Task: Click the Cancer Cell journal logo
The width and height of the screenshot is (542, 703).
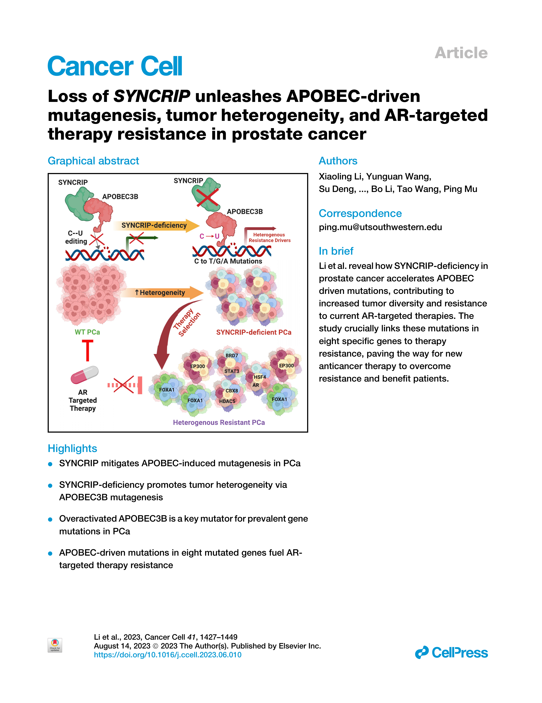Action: coord(115,66)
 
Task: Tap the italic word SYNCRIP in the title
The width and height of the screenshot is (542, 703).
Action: coord(152,96)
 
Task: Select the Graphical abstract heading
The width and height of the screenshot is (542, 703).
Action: coord(93,161)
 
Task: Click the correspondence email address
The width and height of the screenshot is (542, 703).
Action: coord(380,227)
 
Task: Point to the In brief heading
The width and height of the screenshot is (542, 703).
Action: coord(336,251)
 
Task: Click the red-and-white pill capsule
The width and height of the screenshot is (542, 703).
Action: coord(84,375)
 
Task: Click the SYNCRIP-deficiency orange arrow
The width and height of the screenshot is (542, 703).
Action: coord(156,225)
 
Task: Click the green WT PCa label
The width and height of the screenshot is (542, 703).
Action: coord(87,332)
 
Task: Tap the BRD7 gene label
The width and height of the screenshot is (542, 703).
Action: coord(232,355)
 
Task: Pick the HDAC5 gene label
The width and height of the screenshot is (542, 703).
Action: coord(227,401)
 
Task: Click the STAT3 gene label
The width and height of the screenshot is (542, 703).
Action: coord(232,371)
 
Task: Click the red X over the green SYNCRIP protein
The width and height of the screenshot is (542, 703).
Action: coord(207,198)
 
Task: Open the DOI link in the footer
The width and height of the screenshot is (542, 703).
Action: coord(168,655)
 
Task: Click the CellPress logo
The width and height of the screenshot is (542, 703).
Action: coord(451,652)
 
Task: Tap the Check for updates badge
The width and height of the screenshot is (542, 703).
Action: coord(55,645)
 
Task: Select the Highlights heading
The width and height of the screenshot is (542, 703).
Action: coord(72,448)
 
